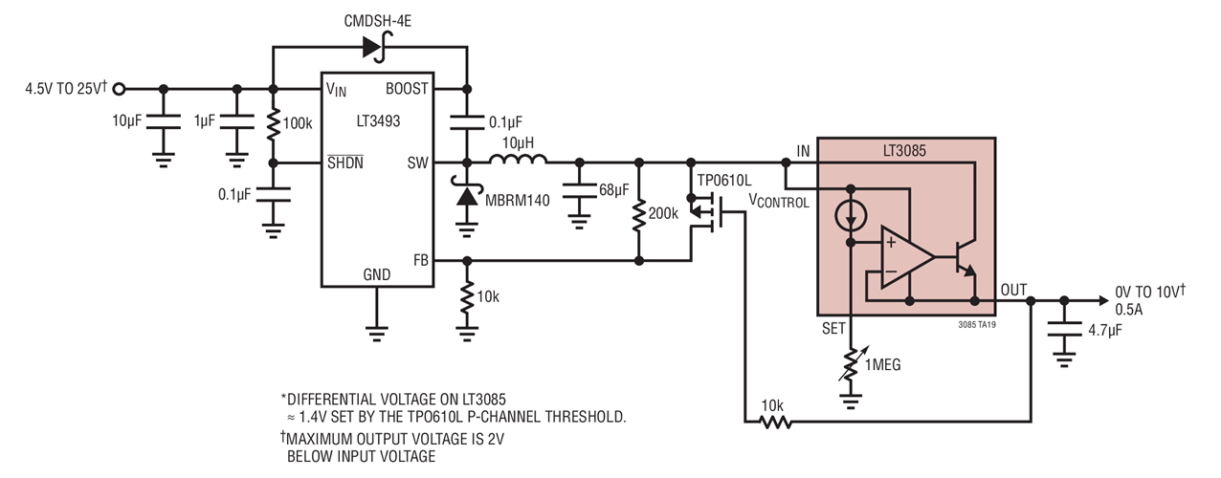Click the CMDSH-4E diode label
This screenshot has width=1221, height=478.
tap(373, 19)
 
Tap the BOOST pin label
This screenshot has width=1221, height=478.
tap(407, 89)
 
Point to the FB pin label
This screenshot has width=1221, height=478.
tap(419, 259)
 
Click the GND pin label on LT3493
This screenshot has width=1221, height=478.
tap(376, 274)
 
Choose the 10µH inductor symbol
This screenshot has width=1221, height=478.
tap(518, 162)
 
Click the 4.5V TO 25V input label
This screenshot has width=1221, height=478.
tap(65, 89)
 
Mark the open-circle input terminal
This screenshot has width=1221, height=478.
tap(119, 89)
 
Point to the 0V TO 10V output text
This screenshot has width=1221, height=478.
tap(1150, 291)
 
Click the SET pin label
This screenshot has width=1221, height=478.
tap(834, 329)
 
